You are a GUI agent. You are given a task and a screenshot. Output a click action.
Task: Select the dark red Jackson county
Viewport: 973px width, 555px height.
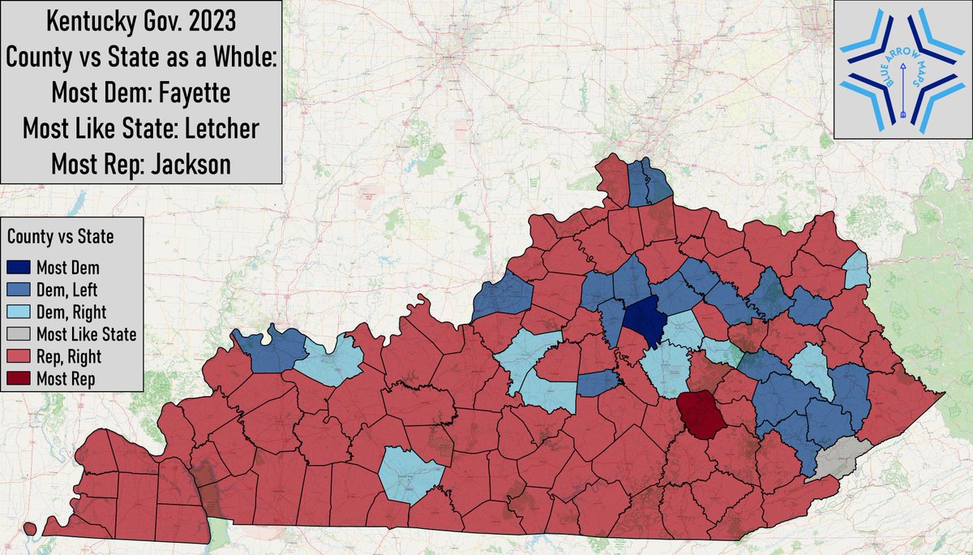click(701, 413)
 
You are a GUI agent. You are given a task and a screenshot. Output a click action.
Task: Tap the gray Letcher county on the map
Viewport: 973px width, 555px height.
click(842, 459)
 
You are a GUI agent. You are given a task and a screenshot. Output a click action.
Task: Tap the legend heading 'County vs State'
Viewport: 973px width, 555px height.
click(61, 238)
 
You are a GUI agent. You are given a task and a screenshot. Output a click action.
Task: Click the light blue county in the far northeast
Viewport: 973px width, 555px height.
click(856, 270)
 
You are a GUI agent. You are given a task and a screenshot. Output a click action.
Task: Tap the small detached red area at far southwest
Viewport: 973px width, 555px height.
click(30, 528)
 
